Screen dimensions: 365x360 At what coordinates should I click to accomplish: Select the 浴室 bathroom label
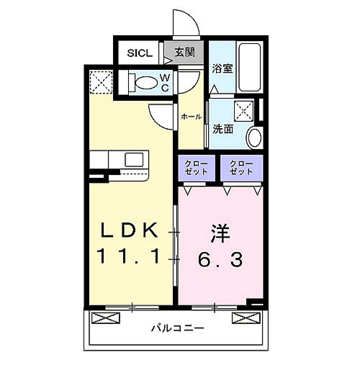coord(222,69)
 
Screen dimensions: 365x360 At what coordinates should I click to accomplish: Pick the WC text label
coord(165,81)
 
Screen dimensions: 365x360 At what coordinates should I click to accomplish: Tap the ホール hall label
coord(191,117)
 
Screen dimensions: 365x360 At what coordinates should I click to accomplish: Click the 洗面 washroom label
coord(223,130)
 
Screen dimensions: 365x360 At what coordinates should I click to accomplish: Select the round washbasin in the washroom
coord(255,136)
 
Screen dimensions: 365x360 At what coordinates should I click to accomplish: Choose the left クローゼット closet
coord(197,168)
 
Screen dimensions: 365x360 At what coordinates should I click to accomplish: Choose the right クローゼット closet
coord(241,168)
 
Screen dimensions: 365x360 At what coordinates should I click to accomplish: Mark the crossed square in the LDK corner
coord(100,81)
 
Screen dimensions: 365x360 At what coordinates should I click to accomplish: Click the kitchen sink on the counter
coord(134,158)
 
